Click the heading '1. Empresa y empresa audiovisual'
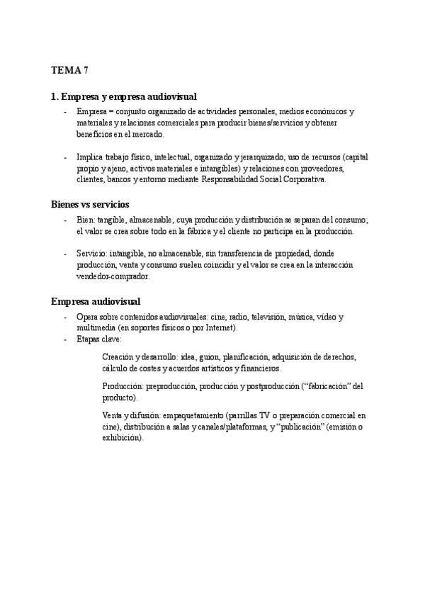[x=124, y=96]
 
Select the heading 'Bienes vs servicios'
[x=90, y=204]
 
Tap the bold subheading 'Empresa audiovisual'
[x=96, y=301]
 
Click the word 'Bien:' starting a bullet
[x=86, y=220]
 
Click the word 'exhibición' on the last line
[x=122, y=438]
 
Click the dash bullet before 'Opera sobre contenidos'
[x=65, y=317]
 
